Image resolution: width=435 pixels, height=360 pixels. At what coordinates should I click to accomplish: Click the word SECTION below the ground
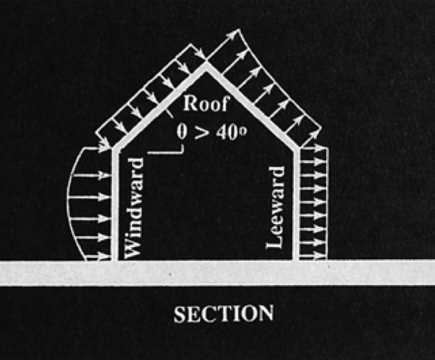click(x=223, y=314)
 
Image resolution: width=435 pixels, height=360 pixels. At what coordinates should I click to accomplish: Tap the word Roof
click(x=206, y=104)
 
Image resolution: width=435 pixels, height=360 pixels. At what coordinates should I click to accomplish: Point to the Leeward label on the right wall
click(x=276, y=207)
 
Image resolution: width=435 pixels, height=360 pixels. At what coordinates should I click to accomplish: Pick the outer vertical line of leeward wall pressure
click(x=328, y=202)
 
